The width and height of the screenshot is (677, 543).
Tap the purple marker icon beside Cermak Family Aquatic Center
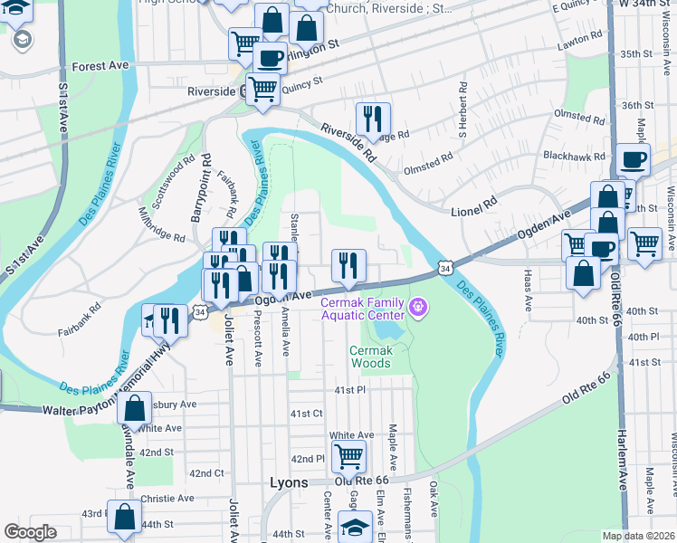(417, 308)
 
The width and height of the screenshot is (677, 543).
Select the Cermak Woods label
(370, 357)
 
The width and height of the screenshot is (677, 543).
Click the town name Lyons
(290, 482)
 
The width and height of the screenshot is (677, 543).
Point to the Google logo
(30, 532)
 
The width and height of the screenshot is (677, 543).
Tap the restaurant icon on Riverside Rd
(372, 118)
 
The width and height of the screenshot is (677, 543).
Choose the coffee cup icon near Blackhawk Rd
(633, 159)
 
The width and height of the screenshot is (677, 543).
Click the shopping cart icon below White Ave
(348, 456)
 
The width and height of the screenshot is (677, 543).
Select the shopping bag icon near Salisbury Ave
(134, 409)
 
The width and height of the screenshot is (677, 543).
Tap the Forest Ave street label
(101, 66)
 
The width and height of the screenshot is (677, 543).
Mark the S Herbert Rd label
(462, 111)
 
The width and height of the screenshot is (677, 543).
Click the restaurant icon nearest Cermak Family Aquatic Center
(348, 265)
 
